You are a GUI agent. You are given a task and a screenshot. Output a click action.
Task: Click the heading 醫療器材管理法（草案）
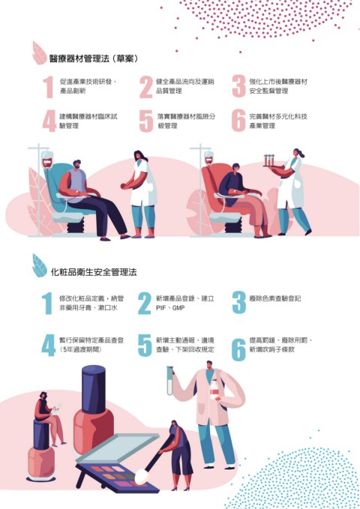[94, 58]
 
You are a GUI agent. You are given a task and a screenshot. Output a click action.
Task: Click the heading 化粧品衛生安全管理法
[94, 271]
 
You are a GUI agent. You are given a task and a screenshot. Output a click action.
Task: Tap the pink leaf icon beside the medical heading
[39, 52]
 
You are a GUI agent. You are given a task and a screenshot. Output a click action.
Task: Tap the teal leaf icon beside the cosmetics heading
[39, 265]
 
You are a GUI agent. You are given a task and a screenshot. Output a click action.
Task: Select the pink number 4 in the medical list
[49, 121]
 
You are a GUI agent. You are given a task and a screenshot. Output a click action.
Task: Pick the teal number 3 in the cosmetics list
[238, 302]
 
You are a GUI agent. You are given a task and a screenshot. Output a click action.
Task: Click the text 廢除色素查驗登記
[274, 298]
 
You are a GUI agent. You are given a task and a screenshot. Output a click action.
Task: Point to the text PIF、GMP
[170, 308]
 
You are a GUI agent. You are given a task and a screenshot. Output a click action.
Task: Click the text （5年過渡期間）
[81, 349]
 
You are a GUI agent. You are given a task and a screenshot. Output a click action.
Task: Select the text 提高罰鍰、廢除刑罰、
[281, 340]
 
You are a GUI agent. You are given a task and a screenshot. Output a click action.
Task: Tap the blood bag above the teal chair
[47, 160]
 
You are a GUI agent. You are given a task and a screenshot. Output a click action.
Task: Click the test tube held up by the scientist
[170, 381]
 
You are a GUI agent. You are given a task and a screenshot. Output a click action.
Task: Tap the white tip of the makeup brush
[141, 475]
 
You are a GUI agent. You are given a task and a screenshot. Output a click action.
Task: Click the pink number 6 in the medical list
[238, 121]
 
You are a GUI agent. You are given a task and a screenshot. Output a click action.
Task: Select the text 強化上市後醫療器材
[278, 82]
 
